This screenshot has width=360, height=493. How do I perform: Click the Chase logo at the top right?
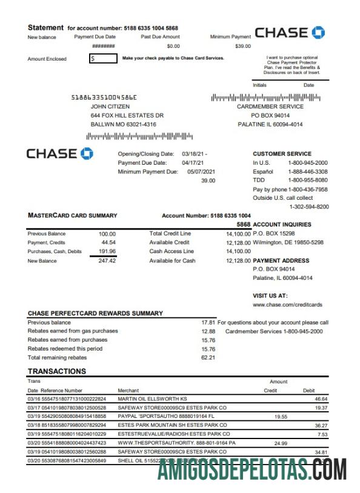click(x=290, y=33)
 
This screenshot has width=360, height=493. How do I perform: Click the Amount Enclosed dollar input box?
click(x=104, y=59)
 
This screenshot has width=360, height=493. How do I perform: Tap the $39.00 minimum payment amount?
click(x=242, y=46)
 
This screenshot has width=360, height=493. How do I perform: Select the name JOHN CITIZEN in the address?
click(x=110, y=107)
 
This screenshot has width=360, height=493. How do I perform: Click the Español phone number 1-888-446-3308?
click(x=308, y=171)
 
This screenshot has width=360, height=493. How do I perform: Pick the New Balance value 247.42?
click(x=107, y=261)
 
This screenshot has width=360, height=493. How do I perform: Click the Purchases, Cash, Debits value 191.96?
click(x=107, y=251)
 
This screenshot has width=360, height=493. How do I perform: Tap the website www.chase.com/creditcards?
click(x=287, y=305)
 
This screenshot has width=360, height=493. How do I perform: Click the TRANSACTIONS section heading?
click(x=57, y=371)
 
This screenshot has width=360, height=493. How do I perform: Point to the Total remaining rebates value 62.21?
click(x=208, y=358)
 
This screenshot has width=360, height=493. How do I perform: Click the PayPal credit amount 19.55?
click(x=281, y=417)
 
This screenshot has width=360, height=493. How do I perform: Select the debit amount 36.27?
click(x=321, y=426)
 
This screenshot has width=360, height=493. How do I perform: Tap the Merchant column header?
click(x=128, y=391)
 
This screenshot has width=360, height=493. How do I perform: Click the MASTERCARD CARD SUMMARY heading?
click(x=73, y=216)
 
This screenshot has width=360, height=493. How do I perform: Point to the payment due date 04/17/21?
click(x=194, y=163)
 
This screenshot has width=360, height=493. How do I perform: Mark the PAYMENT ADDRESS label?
click(x=281, y=261)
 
